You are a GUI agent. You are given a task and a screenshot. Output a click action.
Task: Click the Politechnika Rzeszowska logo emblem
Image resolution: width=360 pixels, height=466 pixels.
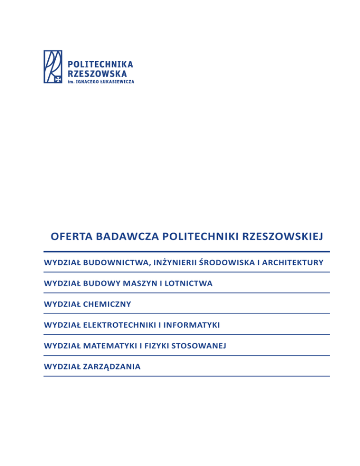[x=53, y=67]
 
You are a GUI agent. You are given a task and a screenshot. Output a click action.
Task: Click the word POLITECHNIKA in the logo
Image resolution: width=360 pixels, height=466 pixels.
[x=101, y=64]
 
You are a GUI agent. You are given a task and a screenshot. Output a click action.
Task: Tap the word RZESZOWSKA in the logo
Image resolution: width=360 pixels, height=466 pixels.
[x=97, y=73]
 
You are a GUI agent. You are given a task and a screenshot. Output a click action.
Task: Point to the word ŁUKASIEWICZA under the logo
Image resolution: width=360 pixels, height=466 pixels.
[x=116, y=82]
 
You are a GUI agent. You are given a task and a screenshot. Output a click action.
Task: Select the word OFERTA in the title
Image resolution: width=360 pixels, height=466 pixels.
[x=69, y=235]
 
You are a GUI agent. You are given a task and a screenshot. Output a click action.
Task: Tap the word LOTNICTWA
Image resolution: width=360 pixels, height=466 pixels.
[x=190, y=283]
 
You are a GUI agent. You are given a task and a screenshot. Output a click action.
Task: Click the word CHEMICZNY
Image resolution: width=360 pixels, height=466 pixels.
[x=108, y=304]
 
